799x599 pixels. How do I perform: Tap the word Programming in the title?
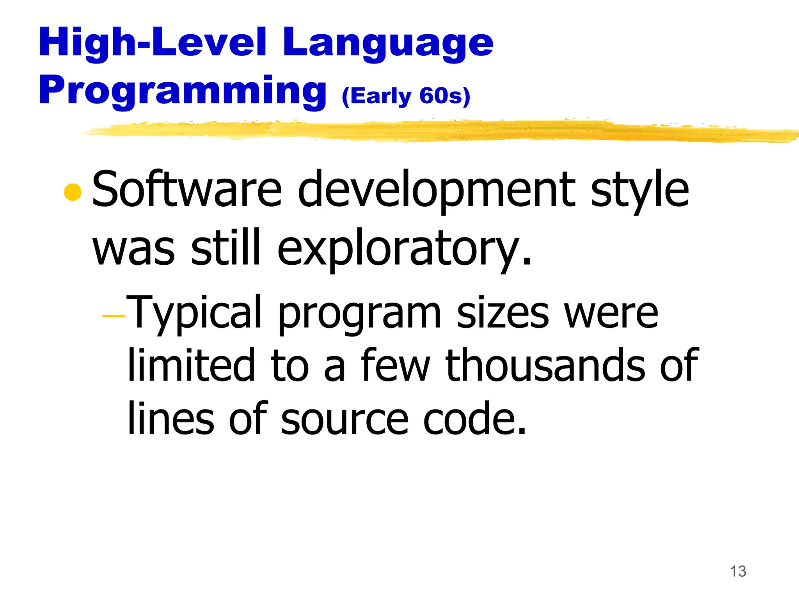coord(183,90)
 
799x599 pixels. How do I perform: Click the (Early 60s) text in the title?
coord(406,96)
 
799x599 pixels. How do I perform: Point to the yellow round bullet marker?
coord(73,192)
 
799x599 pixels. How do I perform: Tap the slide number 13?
coord(738,571)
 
